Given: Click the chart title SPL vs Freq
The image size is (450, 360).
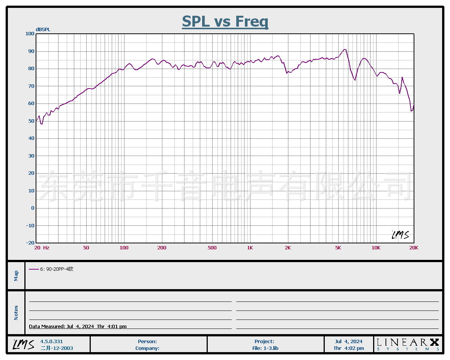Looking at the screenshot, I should pos(225,21).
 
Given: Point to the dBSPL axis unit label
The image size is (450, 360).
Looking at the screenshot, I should pos(43,29).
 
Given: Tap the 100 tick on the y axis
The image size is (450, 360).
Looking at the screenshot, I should pos(30,34).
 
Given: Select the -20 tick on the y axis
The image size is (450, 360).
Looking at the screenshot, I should pos(30,243).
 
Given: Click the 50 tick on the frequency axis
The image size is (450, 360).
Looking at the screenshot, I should pos(86,248).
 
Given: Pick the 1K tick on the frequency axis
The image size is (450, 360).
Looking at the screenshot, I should pos(250,248).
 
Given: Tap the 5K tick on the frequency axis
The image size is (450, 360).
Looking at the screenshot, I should pos(338,248).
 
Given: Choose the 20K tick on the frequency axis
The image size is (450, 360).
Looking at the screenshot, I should pos(414,248).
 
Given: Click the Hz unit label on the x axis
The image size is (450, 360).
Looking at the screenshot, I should pos(46,248).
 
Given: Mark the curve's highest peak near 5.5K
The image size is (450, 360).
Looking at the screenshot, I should pos(345,49).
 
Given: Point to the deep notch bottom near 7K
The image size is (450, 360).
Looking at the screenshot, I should pos(355,80).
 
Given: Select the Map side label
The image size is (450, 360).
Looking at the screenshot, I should pos(16,276).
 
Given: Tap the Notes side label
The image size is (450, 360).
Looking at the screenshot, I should pos(16,313).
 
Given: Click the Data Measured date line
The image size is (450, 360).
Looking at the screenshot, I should pos(78,326).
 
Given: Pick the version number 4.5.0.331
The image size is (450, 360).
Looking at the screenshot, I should pos(51,341).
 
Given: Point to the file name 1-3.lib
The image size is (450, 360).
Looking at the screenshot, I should pos(265,348).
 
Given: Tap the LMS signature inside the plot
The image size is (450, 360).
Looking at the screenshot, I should pos(400,235).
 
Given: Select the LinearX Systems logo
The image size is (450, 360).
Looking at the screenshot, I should pos(408,344).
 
